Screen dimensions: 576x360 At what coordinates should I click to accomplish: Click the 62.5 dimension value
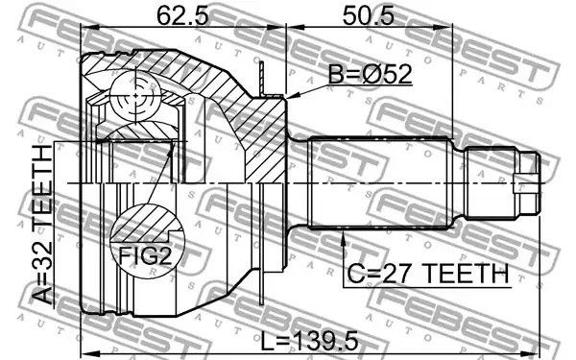[182, 16]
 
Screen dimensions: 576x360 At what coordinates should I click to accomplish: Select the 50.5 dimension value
[369, 16]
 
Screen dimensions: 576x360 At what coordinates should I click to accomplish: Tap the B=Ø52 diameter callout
[370, 75]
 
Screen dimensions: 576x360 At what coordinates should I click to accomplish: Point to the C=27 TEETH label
[428, 274]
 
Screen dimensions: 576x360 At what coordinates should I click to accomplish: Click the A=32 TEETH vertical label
[41, 225]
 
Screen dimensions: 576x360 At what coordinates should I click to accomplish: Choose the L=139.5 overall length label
[309, 341]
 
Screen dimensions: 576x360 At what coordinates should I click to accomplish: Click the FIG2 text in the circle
[146, 256]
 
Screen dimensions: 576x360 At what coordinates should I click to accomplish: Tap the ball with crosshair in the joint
[136, 96]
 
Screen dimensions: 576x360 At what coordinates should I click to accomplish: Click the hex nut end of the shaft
[528, 183]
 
